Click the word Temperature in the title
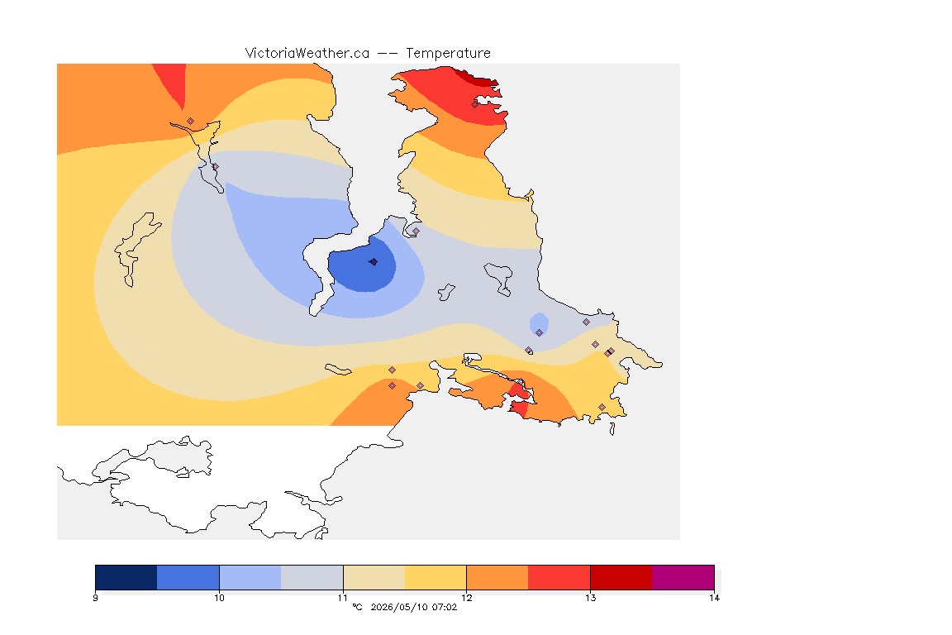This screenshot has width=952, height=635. [x=448, y=54]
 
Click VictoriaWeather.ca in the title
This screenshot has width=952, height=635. [x=307, y=54]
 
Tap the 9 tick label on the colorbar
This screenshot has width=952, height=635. [x=95, y=598]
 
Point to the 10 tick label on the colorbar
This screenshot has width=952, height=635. [x=219, y=598]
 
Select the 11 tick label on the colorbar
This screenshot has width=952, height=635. [x=343, y=598]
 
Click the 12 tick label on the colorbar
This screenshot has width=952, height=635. [x=466, y=598]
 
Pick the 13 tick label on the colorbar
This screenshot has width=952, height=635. [x=590, y=598]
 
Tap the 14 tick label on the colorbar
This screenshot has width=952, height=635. [x=714, y=598]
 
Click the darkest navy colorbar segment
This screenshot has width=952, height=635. [x=126, y=577]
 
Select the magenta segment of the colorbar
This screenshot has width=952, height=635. [x=683, y=577]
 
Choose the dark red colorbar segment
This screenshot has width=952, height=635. [x=621, y=577]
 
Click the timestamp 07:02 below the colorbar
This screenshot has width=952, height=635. [x=445, y=607]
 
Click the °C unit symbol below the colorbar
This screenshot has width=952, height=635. [x=357, y=607]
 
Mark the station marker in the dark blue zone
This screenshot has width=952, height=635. [x=374, y=262]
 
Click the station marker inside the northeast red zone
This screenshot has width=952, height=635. [x=475, y=104]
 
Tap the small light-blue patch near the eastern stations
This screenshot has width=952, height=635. [x=539, y=323]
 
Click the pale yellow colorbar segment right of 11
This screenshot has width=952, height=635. [x=374, y=577]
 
